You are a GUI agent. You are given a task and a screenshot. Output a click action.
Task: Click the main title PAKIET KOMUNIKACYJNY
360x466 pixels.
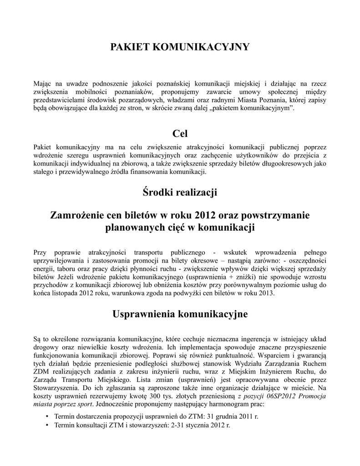point(180,47)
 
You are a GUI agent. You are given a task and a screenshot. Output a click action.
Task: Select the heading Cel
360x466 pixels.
point(180,133)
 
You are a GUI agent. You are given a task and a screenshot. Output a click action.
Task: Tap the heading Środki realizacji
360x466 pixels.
point(180,193)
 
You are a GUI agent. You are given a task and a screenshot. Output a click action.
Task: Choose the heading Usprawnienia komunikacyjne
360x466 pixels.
point(180,314)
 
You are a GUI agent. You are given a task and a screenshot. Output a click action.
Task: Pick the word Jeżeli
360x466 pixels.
point(64,277)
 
